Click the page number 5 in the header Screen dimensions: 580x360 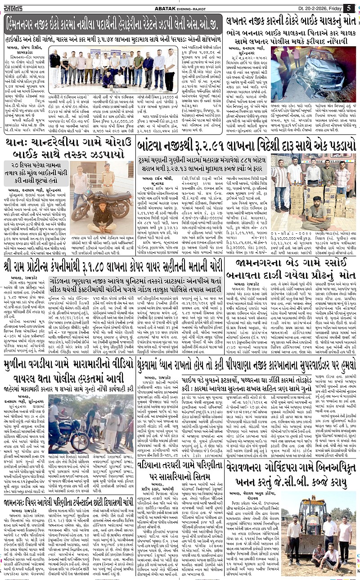pyautogui.click(x=349, y=8)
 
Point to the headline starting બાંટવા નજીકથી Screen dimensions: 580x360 pyautogui.click(x=246, y=145)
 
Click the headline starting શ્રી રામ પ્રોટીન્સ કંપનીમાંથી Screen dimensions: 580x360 pyautogui.click(x=112, y=265)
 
